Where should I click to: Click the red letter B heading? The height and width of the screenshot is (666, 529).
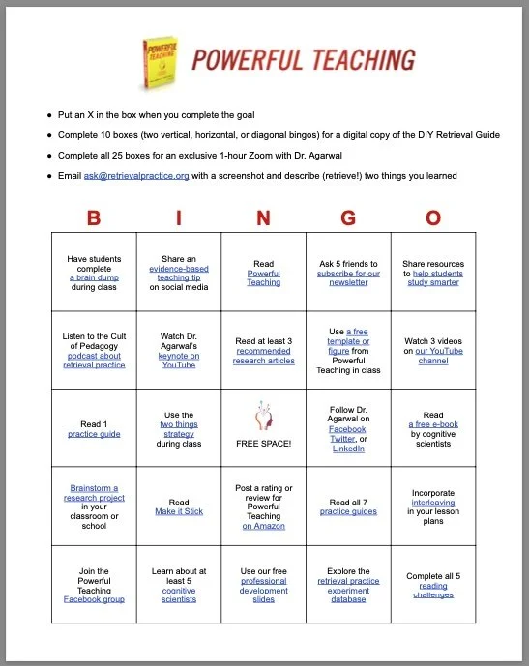(93, 217)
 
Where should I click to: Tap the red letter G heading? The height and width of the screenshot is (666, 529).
(348, 217)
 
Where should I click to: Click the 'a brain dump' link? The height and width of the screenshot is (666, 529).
(95, 277)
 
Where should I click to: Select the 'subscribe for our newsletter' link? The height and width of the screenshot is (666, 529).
(348, 277)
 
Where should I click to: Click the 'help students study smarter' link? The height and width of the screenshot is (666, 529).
(433, 278)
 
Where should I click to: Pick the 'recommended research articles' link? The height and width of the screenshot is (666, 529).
(263, 360)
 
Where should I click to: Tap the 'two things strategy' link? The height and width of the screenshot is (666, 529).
(178, 429)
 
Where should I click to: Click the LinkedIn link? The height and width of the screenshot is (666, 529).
(348, 449)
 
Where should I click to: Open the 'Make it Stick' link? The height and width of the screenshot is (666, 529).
(179, 512)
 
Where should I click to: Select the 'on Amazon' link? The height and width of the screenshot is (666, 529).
(263, 526)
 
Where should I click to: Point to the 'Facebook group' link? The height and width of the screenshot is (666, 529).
(95, 599)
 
